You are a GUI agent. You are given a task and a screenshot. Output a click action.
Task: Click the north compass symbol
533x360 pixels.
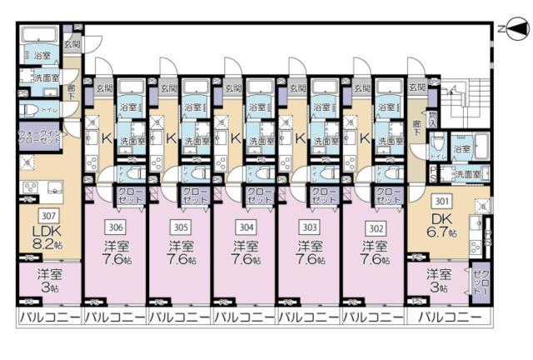[x=515, y=30]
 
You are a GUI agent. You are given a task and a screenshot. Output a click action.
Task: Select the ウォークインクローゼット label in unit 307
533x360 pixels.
[x=38, y=137]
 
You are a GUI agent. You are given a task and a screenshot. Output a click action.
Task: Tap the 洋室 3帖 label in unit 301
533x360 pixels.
[x=438, y=279]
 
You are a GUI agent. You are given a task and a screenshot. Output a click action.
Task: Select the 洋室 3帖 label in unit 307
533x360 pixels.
[x=48, y=279]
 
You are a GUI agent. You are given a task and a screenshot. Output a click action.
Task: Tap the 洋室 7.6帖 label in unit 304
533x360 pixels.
[x=244, y=252]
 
